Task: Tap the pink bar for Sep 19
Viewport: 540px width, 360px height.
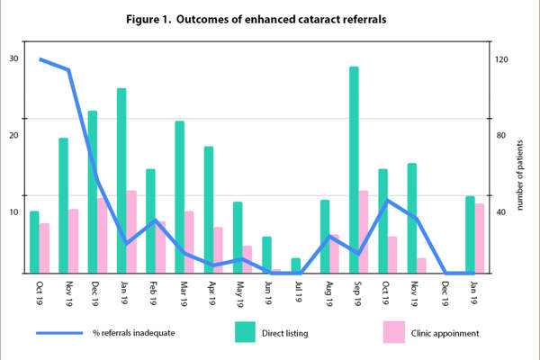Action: pos(364,231)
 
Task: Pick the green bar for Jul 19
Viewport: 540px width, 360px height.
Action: pos(295,265)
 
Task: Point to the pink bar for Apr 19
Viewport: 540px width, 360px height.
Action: pos(218,249)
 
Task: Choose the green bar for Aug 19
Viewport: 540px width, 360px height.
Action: pos(325,236)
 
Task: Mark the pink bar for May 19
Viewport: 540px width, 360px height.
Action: pos(247,258)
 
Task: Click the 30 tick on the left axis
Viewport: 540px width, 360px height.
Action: pos(13,59)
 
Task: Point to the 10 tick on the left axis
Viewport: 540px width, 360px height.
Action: pos(13,212)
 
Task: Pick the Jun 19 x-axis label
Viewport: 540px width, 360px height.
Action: pos(269,294)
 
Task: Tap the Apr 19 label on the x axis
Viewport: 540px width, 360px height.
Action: pos(211,294)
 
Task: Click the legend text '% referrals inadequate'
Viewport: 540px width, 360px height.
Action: pos(134,333)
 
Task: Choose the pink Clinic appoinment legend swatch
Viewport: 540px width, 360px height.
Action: pos(393,332)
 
